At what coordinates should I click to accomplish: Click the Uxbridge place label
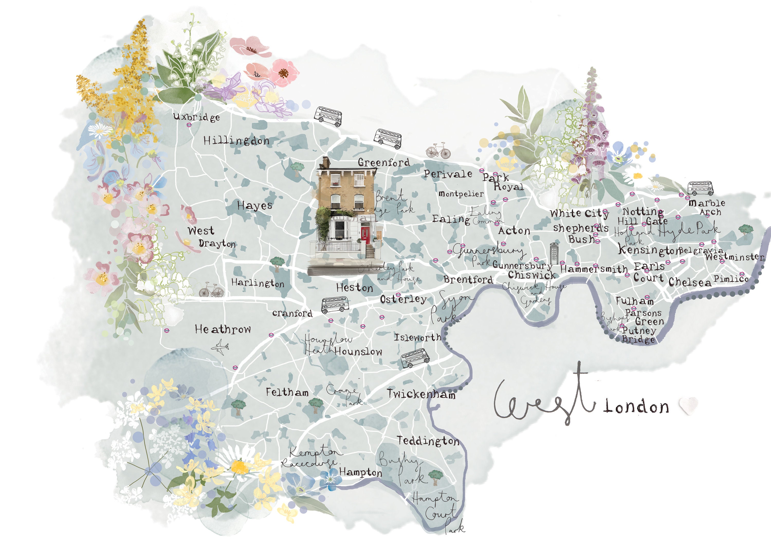196,117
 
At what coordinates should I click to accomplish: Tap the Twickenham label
421,394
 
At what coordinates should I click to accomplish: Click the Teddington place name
428,441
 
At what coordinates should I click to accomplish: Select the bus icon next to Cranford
335,304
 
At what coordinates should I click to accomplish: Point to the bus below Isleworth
415,358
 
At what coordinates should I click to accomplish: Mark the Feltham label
287,392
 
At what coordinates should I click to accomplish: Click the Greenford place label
384,162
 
